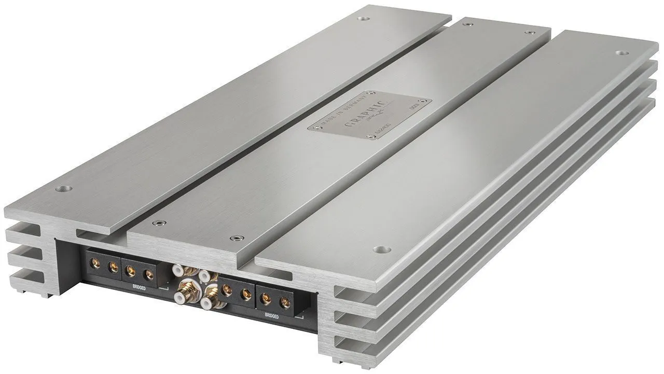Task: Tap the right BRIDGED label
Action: coord(271,316)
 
